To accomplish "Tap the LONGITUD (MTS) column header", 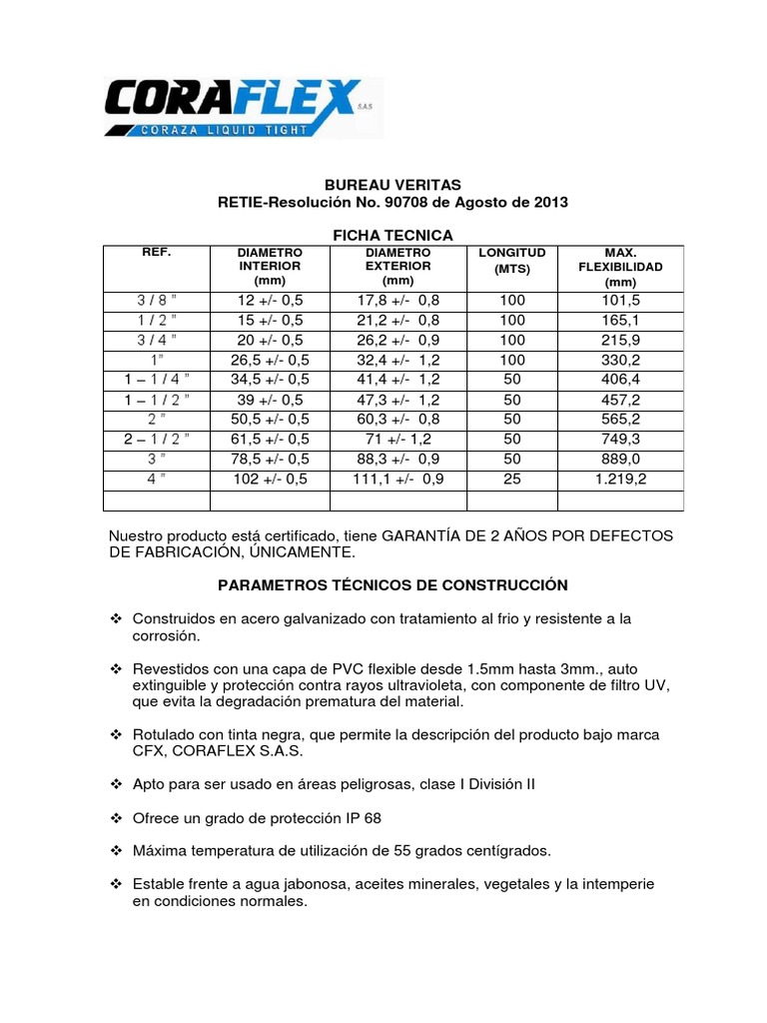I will pyautogui.click(x=512, y=261).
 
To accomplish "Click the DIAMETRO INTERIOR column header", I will pyautogui.click(x=269, y=268).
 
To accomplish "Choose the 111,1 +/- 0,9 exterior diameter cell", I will pyautogui.click(x=397, y=480).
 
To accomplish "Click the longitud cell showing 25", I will pyautogui.click(x=512, y=480).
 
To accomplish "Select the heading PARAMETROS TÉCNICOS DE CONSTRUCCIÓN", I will pyautogui.click(x=392, y=584).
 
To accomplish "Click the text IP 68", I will pyautogui.click(x=360, y=818).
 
